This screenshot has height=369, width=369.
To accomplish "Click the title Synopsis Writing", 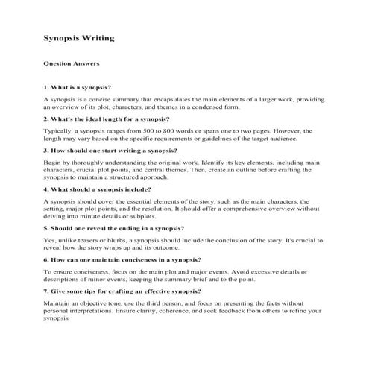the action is pyautogui.click(x=79, y=37).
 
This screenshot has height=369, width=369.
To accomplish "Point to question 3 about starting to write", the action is pyautogui.click(x=110, y=150).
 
